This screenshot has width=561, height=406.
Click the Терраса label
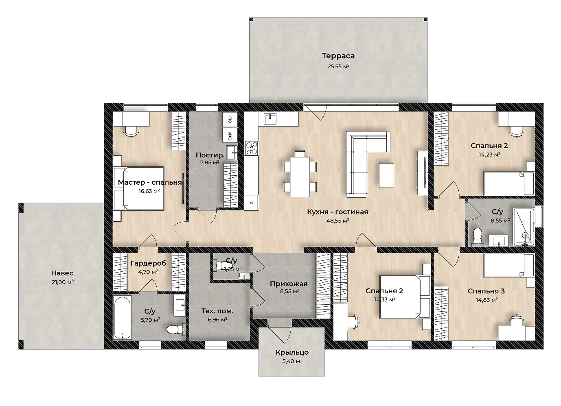(x=338, y=56)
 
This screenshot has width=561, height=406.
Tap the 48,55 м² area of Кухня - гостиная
(x=338, y=220)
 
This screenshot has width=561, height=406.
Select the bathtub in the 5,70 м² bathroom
(x=122, y=317)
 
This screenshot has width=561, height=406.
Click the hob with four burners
(x=252, y=148)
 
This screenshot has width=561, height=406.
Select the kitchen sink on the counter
(x=270, y=119)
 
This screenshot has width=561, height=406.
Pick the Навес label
(x=62, y=273)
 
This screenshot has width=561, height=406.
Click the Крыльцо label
(x=292, y=352)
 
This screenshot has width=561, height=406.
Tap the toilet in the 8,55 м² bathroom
(x=478, y=235)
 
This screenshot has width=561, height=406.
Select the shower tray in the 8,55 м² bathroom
(x=524, y=227)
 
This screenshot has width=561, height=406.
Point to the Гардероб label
(x=148, y=263)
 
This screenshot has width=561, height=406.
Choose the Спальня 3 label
(x=486, y=291)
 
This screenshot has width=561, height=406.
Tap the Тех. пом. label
(x=217, y=311)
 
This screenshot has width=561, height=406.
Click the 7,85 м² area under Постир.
(x=210, y=162)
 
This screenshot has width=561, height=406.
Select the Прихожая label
(x=289, y=284)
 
